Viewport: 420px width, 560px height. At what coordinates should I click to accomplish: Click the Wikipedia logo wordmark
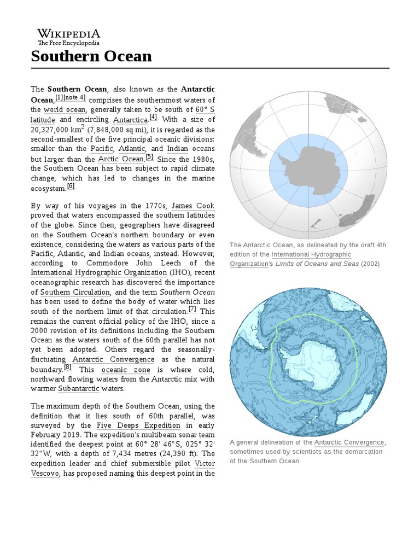click(x=68, y=33)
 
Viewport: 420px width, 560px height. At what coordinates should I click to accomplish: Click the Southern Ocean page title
click(x=91, y=56)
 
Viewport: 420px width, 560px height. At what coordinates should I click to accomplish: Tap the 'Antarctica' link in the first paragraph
click(x=130, y=120)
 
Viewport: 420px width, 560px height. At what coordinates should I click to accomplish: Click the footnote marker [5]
click(x=149, y=157)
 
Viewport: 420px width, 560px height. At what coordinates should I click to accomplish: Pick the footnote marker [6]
click(x=71, y=186)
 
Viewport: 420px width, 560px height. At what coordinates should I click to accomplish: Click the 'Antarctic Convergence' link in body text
click(x=114, y=359)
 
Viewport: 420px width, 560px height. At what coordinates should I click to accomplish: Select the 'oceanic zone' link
click(x=121, y=369)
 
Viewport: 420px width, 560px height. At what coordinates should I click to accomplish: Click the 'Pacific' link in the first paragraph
click(x=102, y=149)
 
